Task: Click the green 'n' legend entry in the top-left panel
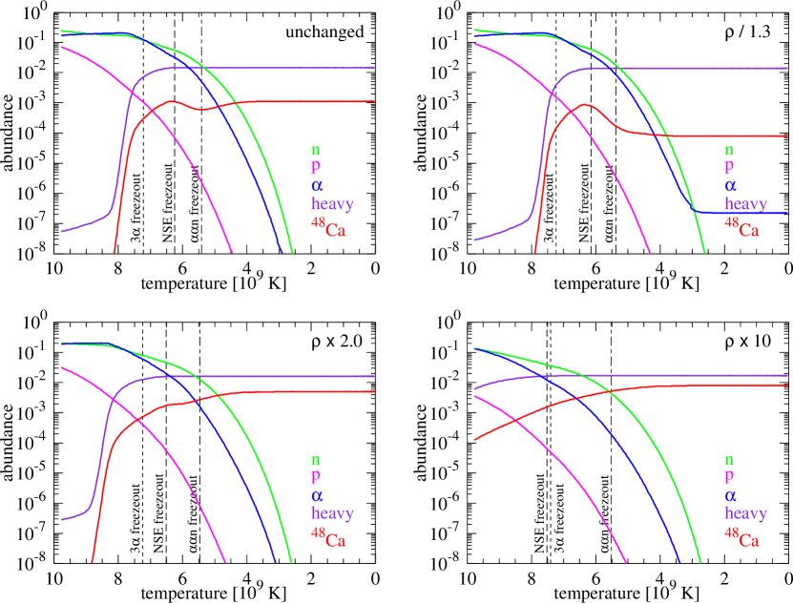point(315,150)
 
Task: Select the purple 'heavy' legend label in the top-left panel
point(331,203)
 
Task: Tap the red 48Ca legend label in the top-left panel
point(328,227)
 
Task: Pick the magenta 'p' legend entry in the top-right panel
point(729,168)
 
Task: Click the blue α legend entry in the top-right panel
point(730,186)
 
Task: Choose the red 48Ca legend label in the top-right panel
point(741,227)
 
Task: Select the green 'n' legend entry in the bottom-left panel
point(315,459)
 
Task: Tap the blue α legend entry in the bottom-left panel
point(316,495)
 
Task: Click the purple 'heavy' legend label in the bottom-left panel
point(331,512)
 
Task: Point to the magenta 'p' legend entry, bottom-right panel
point(729,476)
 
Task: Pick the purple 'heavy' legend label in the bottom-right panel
point(744,512)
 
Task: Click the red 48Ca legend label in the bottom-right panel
point(741,537)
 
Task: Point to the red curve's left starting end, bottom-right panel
point(474,440)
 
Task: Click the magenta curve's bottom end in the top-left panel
point(233,253)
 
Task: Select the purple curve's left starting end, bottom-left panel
point(62,520)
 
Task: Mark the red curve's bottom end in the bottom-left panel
point(92,562)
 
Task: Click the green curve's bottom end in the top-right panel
point(705,253)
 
